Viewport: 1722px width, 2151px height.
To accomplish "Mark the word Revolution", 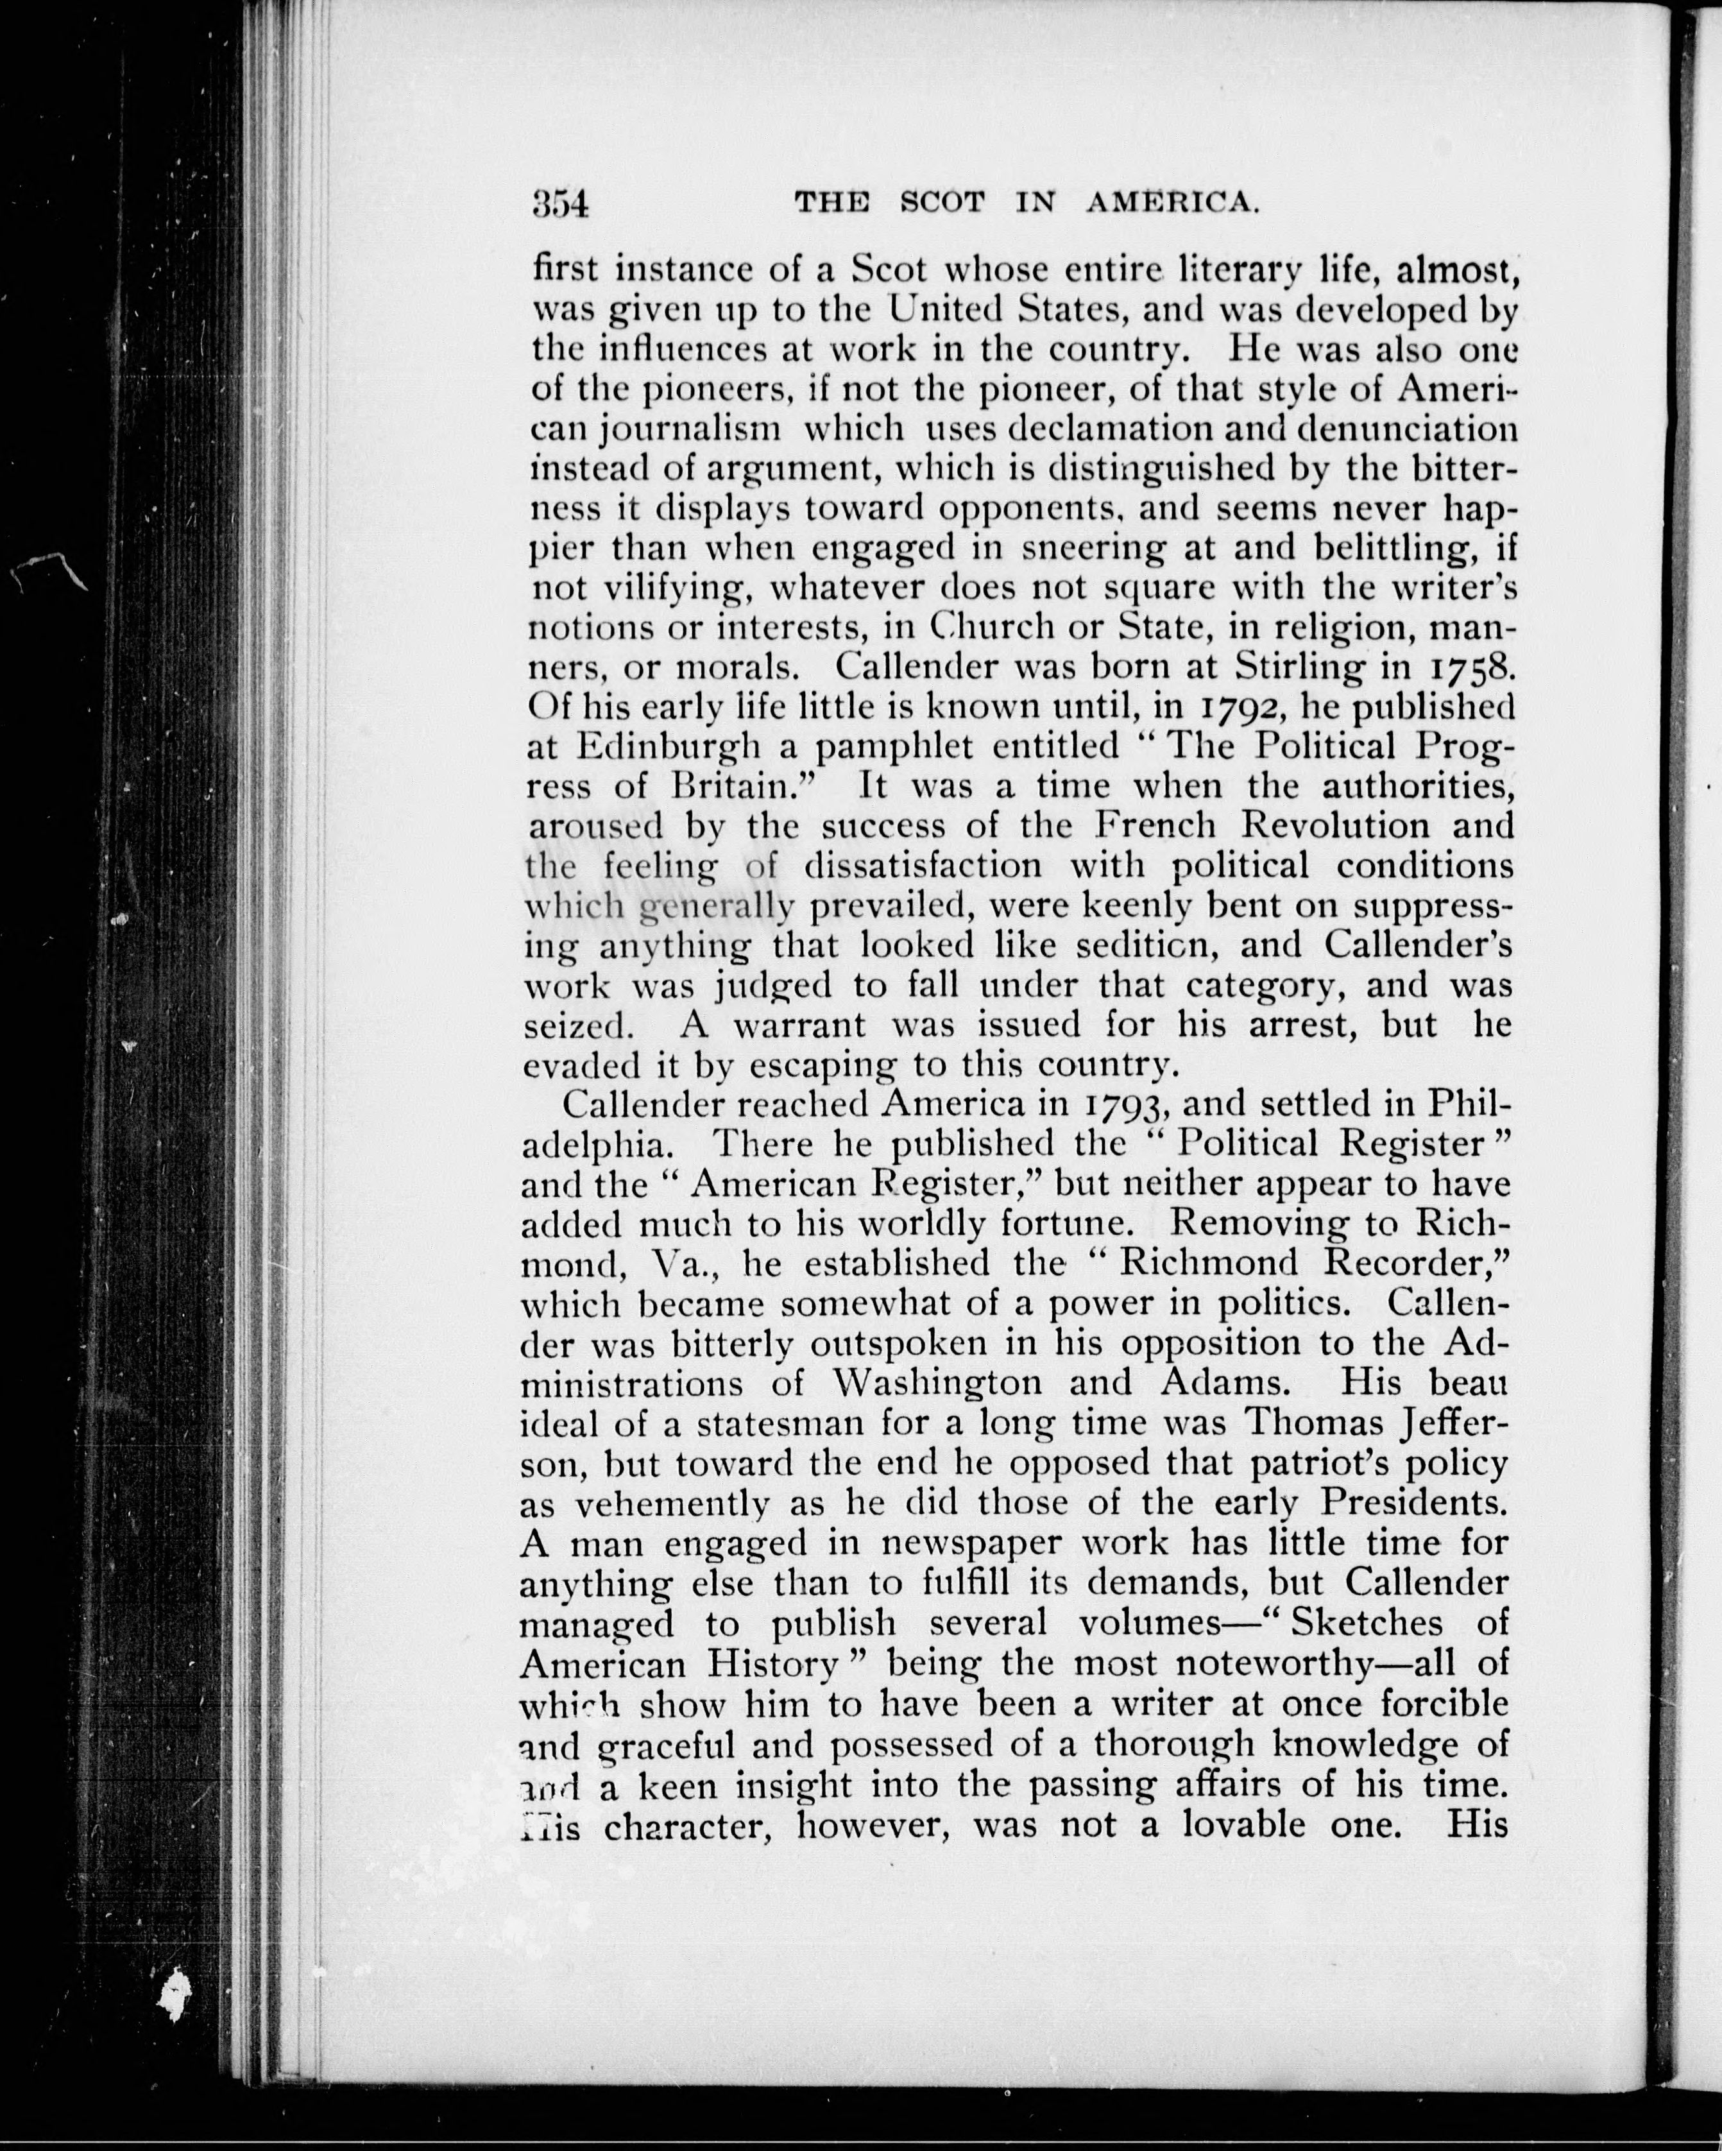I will pos(1333,826).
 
